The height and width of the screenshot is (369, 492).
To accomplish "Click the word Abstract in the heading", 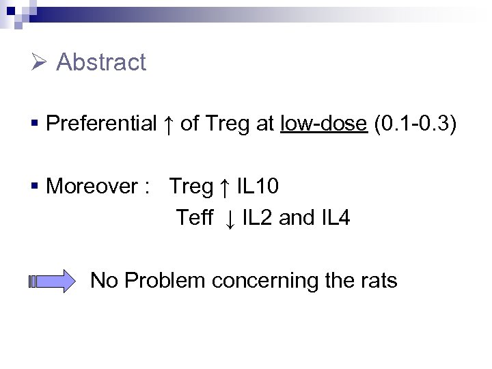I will (101, 62).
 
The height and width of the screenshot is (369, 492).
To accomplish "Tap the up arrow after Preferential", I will (169, 124).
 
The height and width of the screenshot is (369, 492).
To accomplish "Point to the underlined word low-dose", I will (324, 124).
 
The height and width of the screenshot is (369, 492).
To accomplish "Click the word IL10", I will (258, 186).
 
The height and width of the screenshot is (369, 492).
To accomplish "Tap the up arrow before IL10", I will (224, 186).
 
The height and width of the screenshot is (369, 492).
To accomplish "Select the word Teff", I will (195, 218).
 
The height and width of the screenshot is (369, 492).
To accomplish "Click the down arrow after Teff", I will (230, 219).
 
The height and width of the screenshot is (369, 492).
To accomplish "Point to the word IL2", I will (258, 218).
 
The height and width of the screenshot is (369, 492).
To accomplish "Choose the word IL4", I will (335, 218).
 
